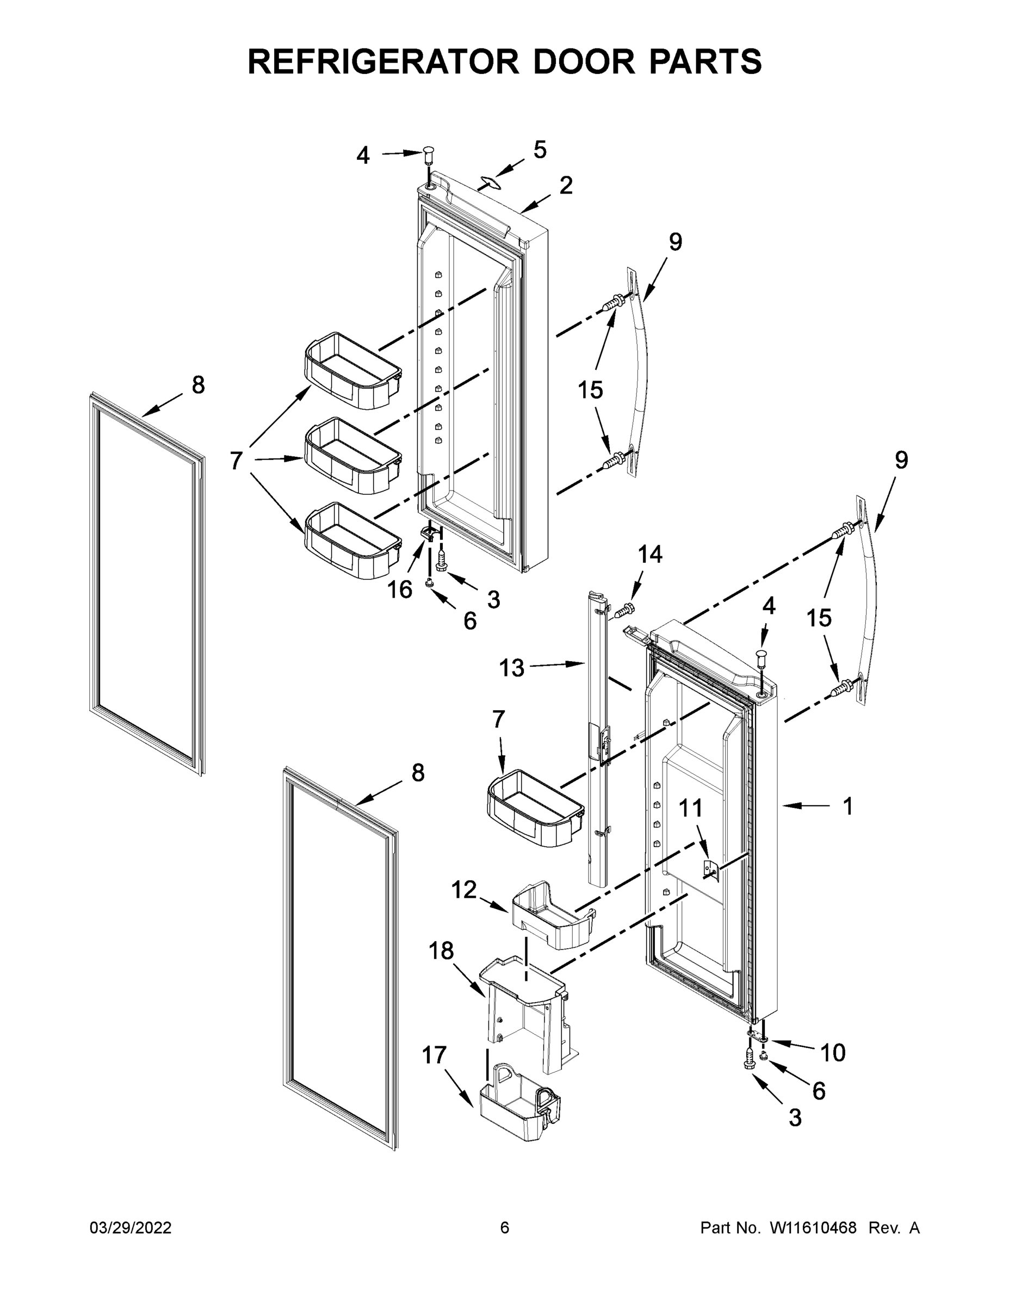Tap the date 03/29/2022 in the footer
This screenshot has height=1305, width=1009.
(131, 1228)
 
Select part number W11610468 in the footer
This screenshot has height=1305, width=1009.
(813, 1228)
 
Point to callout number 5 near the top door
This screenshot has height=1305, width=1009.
(540, 150)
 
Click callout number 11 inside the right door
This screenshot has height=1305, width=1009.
(690, 809)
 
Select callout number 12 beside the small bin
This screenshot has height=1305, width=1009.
(464, 890)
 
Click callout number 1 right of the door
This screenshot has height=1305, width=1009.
(847, 807)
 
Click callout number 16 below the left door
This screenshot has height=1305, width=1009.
(399, 590)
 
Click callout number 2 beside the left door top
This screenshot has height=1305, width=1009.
(566, 185)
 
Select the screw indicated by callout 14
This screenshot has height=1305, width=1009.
(624, 610)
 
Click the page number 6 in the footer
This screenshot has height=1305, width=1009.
(505, 1228)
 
